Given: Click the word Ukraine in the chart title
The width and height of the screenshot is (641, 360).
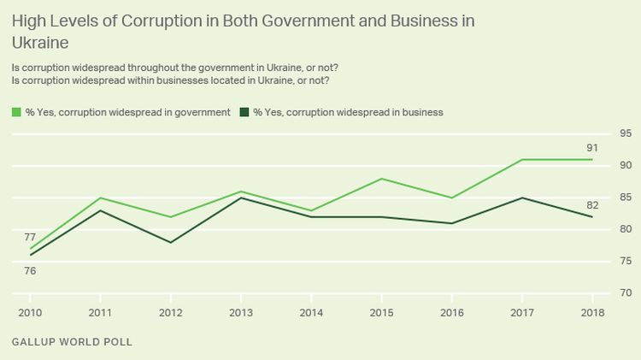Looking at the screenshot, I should (x=40, y=40).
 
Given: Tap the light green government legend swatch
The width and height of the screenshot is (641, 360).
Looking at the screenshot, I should (x=16, y=112).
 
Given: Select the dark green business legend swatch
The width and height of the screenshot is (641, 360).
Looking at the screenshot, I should (x=244, y=112).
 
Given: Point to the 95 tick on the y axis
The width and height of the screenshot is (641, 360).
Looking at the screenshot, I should (x=626, y=133).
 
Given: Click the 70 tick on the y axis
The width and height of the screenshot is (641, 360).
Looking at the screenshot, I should (x=626, y=293).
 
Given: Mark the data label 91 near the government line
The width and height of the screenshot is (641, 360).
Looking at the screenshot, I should (x=592, y=148).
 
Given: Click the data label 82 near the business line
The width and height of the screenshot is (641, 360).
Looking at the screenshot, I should (x=592, y=205).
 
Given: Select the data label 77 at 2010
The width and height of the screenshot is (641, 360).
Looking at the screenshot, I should (x=30, y=237).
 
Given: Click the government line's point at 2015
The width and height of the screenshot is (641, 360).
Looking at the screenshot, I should (x=383, y=179).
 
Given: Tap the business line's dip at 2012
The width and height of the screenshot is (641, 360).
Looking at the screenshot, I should (x=171, y=242).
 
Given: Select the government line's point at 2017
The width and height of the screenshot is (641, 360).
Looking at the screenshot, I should (x=523, y=160).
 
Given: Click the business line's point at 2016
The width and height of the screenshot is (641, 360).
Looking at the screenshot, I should (x=453, y=223).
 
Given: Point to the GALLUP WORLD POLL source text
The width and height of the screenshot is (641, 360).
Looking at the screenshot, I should (x=72, y=342).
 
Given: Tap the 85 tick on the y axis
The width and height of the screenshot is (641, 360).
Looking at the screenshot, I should (x=626, y=198).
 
